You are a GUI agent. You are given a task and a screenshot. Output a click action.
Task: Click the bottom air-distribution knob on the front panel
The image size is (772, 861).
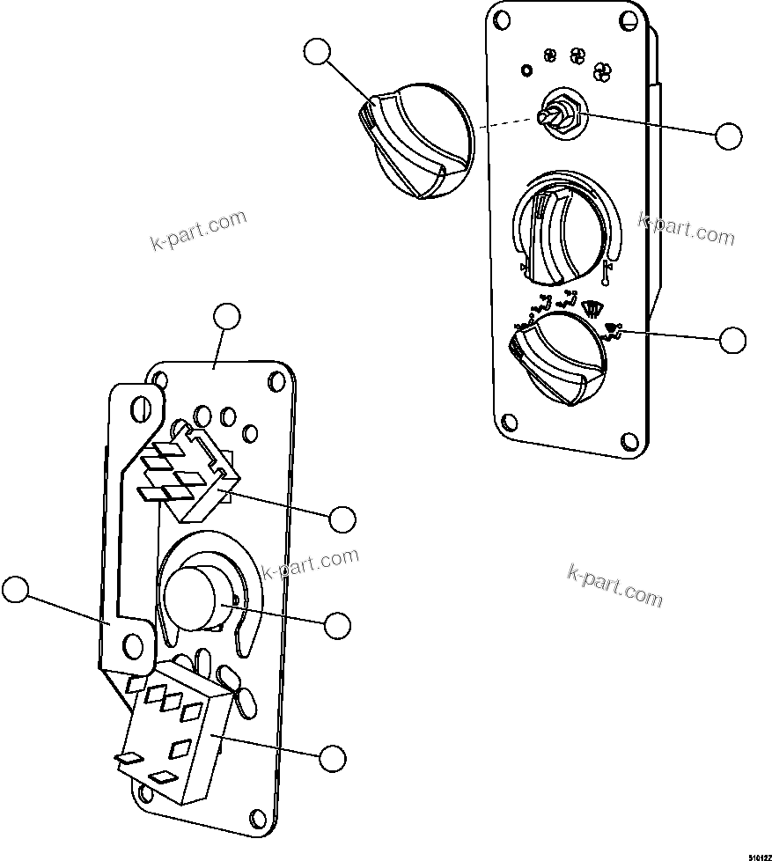pyautogui.click(x=559, y=361)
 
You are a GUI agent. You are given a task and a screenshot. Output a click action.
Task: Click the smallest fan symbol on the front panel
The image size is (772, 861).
pyautogui.click(x=551, y=55)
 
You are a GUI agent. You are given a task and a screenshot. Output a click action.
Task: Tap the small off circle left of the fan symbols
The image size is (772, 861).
pyautogui.click(x=527, y=70)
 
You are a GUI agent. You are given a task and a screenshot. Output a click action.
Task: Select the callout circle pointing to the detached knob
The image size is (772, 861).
pyautogui.click(x=317, y=53)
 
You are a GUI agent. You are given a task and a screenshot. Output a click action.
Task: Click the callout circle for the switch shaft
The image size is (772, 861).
pyautogui.click(x=728, y=136)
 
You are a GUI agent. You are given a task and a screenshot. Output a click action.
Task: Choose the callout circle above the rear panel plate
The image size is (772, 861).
pyautogui.click(x=227, y=316)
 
